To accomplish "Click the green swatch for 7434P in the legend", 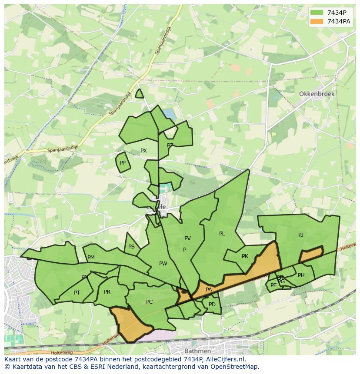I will click(317, 13).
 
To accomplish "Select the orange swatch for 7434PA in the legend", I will click(317, 21).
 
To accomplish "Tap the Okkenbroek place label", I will click(316, 94).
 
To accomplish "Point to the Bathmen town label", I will click(197, 351).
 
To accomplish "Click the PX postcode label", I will click(143, 151).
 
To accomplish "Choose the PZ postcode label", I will click(170, 146).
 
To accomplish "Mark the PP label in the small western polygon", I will click(123, 163).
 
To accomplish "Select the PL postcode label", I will click(222, 234).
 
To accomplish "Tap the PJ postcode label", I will click(301, 235).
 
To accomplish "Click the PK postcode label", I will click(245, 256).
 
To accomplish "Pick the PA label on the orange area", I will click(209, 290).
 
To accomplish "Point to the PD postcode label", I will click(212, 304).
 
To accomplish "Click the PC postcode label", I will click(149, 302).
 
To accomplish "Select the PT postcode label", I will click(77, 293).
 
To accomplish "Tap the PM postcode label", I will click(91, 258).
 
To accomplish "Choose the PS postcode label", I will click(131, 247).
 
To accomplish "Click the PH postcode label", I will click(301, 275).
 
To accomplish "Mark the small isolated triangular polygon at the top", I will click(139, 94).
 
